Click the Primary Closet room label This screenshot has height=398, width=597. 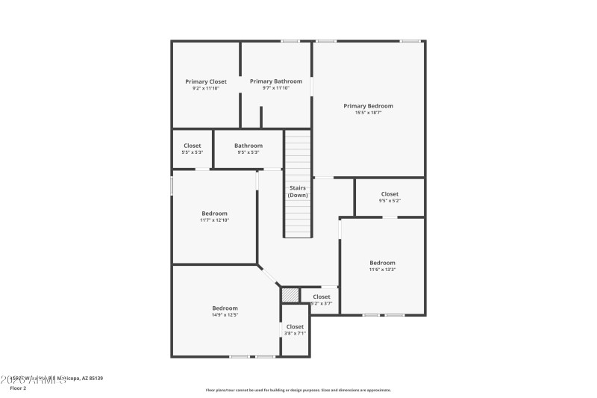pyautogui.click(x=206, y=81)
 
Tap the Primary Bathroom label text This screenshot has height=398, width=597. pyautogui.click(x=275, y=81)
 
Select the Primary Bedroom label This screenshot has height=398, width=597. pyautogui.click(x=368, y=106)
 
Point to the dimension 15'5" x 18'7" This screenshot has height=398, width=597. pyautogui.click(x=368, y=113)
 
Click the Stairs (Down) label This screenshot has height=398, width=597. pyautogui.click(x=298, y=191)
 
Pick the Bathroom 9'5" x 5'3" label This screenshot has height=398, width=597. pyautogui.click(x=249, y=146)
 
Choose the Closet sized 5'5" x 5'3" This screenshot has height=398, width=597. pyautogui.click(x=193, y=146)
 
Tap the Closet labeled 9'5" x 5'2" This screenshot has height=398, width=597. pyautogui.click(x=390, y=194)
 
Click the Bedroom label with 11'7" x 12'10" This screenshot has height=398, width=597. pyautogui.click(x=214, y=214)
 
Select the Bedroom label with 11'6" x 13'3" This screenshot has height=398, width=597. pyautogui.click(x=382, y=263)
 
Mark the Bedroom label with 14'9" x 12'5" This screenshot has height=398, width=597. pyautogui.click(x=225, y=308)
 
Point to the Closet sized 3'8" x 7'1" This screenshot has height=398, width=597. pyautogui.click(x=295, y=326)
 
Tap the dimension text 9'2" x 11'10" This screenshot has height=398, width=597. pyautogui.click(x=206, y=88)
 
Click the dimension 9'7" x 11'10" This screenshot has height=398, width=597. pyautogui.click(x=275, y=88)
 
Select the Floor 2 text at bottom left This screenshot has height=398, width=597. pyautogui.click(x=17, y=388)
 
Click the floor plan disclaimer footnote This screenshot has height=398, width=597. pyautogui.click(x=298, y=390)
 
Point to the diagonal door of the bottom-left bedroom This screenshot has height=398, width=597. pyautogui.click(x=269, y=276)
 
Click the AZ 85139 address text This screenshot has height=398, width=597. pyautogui.click(x=88, y=379)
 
